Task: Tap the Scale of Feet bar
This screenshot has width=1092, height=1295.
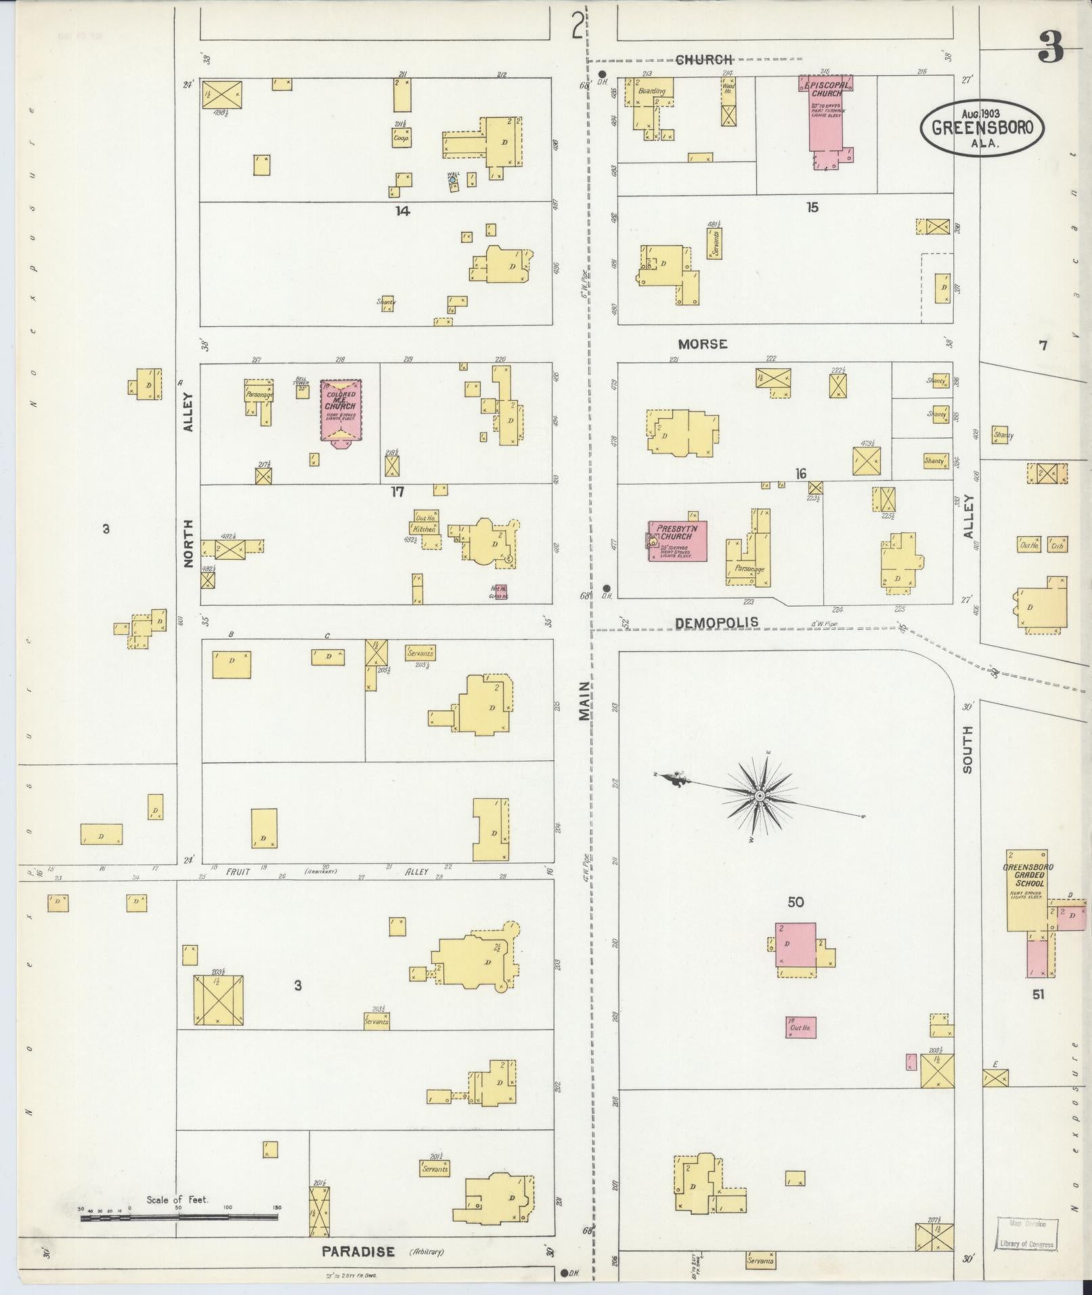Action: pyautogui.click(x=179, y=1216)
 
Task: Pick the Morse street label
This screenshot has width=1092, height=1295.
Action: pyautogui.click(x=703, y=344)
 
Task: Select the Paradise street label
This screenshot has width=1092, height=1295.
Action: pyautogui.click(x=358, y=1252)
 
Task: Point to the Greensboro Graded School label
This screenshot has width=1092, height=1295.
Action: pyautogui.click(x=1028, y=875)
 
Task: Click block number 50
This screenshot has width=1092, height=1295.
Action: pyautogui.click(x=795, y=902)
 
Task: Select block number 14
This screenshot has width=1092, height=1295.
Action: pyautogui.click(x=403, y=211)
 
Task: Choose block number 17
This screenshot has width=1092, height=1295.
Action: pyautogui.click(x=397, y=492)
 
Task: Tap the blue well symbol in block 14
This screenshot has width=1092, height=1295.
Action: pyautogui.click(x=452, y=179)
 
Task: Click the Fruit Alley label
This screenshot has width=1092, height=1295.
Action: pyautogui.click(x=238, y=872)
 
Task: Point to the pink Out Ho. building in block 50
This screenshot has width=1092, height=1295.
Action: pyautogui.click(x=801, y=1046)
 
